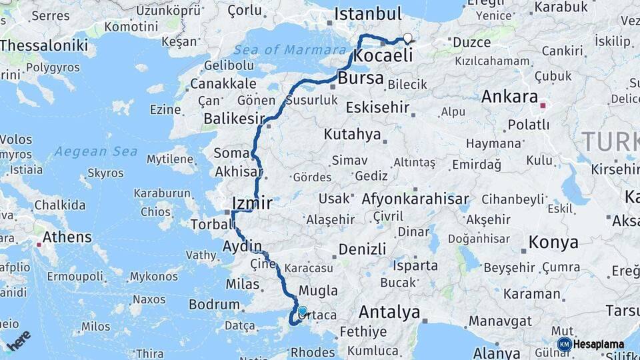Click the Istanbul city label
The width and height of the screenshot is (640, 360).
tap(368, 14)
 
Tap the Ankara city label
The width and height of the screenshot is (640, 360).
tap(509, 97)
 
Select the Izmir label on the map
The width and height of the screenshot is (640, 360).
tap(251, 203)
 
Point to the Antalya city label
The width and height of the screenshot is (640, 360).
tap(389, 312)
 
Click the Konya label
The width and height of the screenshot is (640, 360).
tap(553, 242)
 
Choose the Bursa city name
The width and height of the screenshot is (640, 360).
tap(361, 79)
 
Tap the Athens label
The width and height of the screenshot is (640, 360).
tap(67, 237)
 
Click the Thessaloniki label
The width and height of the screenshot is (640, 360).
tap(44, 45)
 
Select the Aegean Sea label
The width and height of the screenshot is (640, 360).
tap(96, 152)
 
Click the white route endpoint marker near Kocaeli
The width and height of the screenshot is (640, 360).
tap(407, 39)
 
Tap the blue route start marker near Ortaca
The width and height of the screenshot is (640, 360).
tap(303, 311)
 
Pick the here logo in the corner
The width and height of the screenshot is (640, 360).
tap(18, 340)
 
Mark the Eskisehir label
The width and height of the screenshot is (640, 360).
tap(378, 107)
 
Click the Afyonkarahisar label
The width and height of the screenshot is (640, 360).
tap(415, 199)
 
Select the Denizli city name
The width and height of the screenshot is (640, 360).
tap(362, 249)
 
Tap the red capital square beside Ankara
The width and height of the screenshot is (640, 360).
tap(543, 105)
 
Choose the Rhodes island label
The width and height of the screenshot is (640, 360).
tap(313, 352)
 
